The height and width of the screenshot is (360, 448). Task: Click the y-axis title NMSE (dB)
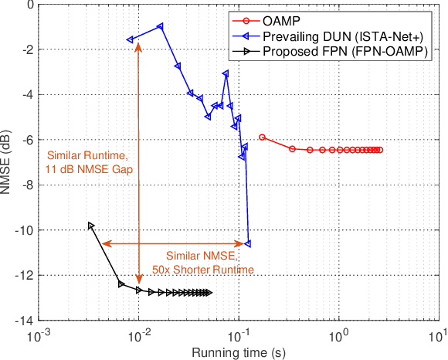point(8,162)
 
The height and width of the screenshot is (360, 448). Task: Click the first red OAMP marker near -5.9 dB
point(262,137)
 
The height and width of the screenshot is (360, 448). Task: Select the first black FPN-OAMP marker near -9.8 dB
point(91,226)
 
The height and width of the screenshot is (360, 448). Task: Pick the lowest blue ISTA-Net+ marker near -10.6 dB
point(247,244)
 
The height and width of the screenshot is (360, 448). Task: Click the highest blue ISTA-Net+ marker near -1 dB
point(160,26)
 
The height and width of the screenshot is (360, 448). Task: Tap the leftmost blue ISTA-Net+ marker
point(130,39)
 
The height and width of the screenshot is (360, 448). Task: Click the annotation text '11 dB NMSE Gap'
point(88,168)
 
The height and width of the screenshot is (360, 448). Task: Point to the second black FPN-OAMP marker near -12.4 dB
point(121,284)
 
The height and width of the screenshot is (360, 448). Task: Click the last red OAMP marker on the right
point(380,150)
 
